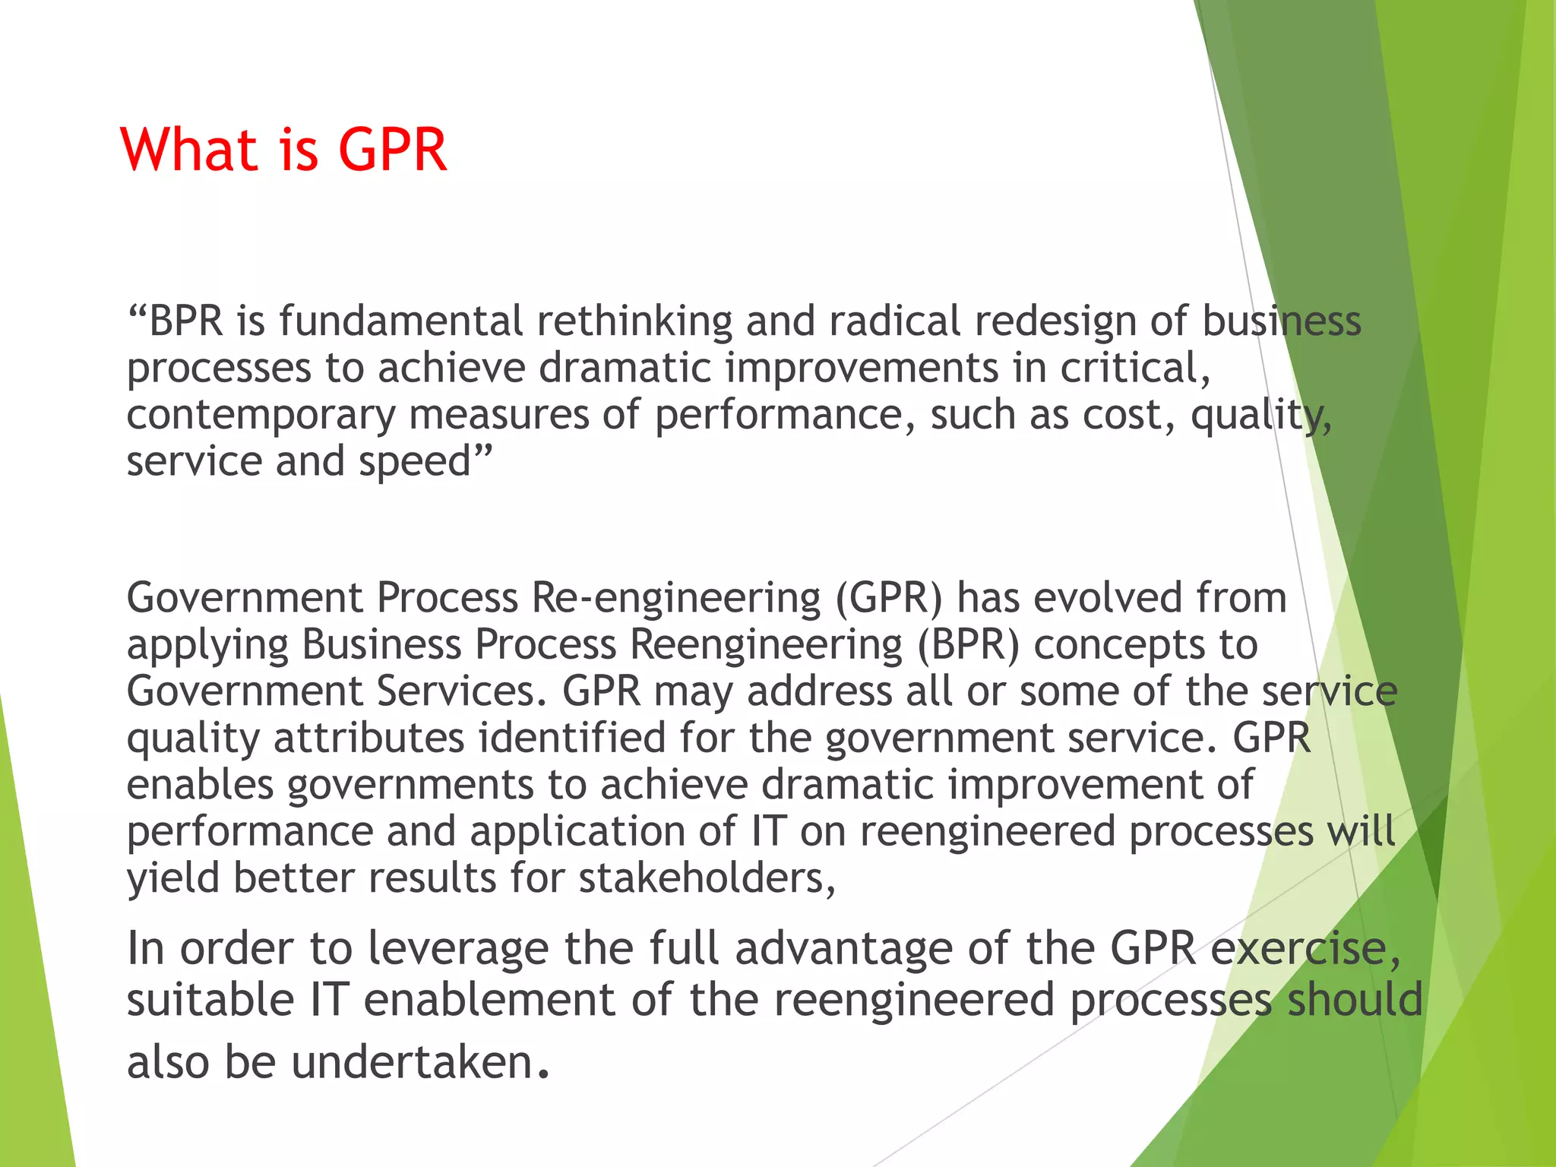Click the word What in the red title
190,150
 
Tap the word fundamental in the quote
400,321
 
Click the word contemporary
261,416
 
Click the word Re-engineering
675,598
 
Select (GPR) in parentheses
889,598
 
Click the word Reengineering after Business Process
766,645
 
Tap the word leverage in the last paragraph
457,949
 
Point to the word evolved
1107,598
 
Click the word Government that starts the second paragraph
245,598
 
